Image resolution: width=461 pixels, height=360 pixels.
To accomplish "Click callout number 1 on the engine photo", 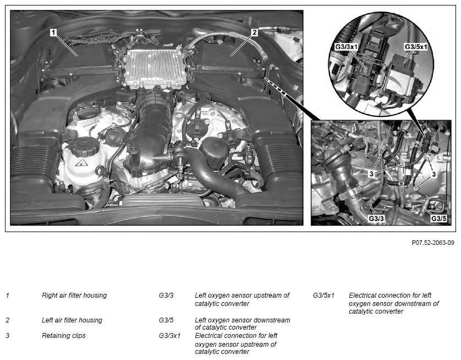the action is pos(53,32).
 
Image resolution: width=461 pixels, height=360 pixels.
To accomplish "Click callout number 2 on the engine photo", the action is pos(254,32).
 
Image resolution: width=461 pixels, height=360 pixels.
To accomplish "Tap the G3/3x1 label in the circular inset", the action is pos(346,47).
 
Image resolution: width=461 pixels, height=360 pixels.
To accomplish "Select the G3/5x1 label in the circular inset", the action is pos(416,47).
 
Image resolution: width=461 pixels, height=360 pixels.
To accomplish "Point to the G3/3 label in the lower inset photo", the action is pos(376,218).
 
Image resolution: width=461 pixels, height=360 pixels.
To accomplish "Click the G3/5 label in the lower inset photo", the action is pos(438,218).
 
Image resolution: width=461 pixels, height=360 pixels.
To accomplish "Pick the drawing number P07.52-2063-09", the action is pos(433,243).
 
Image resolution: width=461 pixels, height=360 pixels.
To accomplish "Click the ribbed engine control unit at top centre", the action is pos(156,68).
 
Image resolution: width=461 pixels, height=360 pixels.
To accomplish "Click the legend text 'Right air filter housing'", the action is pos(74,295).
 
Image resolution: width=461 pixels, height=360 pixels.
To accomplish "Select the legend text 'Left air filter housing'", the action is pos(72,320).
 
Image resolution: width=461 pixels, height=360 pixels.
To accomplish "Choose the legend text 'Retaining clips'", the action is pos(63,336).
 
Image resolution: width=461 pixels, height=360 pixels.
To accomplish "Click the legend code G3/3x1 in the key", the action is pos(169,336).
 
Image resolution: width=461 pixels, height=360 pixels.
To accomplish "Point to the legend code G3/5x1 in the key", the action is pos(323,295).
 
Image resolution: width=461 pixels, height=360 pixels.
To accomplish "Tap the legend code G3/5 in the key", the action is pos(166,320).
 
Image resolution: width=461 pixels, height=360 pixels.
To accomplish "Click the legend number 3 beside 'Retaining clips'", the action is pos(8,336).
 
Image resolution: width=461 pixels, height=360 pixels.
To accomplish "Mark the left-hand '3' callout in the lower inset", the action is pos(371,174).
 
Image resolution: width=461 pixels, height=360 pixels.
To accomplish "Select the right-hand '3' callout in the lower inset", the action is pos(433,174).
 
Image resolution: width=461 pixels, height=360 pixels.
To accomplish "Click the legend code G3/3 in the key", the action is pos(166,295).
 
